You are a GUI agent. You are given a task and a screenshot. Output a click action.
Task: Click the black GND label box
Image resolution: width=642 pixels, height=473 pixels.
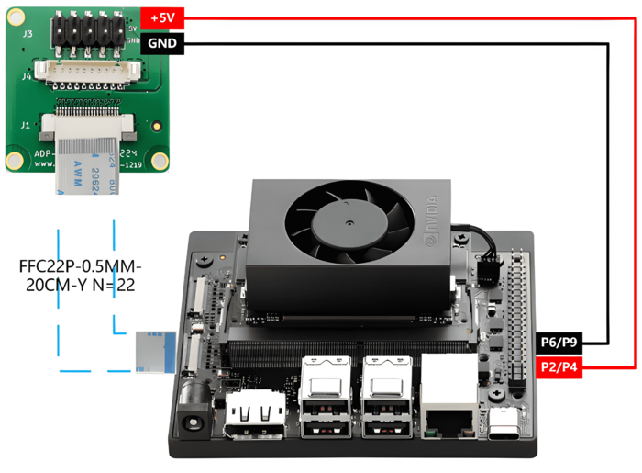coord(162,43)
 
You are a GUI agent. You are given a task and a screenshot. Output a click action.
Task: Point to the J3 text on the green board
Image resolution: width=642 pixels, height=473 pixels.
coord(28,33)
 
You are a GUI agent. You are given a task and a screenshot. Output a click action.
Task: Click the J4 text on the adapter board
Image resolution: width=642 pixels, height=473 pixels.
coord(28,77)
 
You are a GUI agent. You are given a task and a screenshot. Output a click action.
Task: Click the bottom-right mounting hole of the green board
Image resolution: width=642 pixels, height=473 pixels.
coord(156,161)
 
